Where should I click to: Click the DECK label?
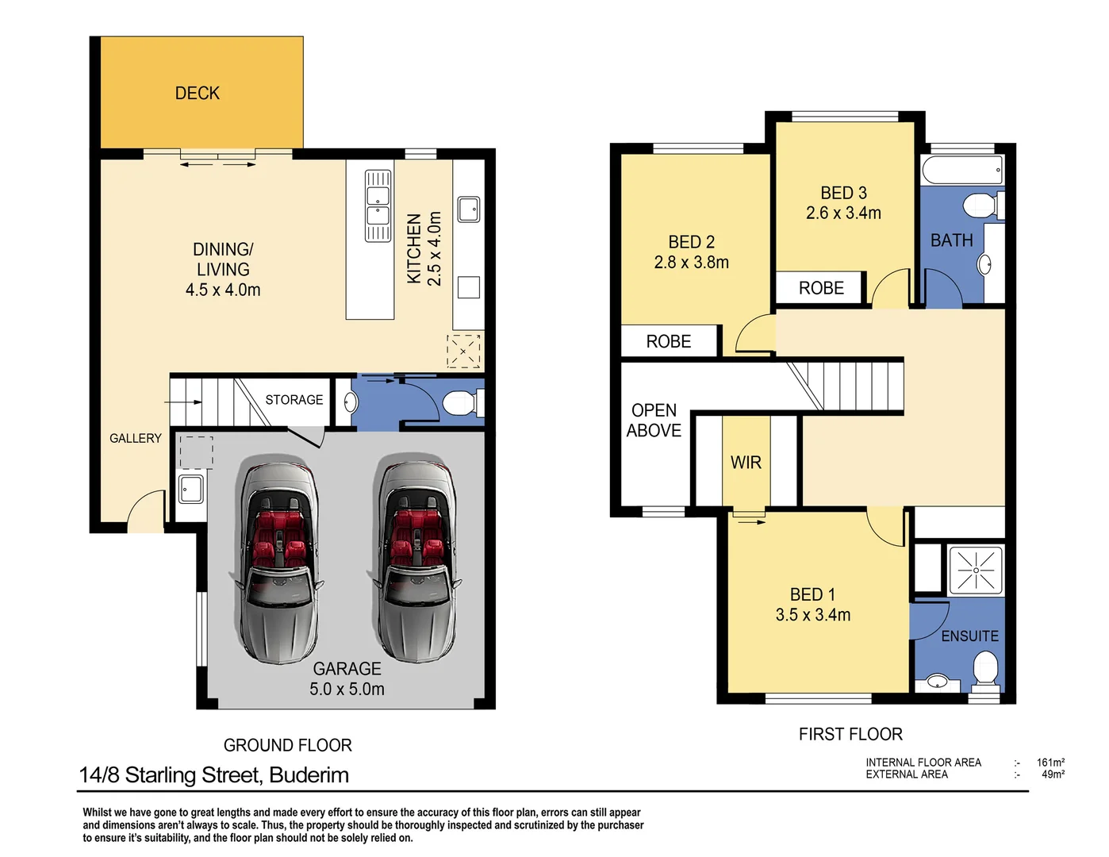[x=197, y=94]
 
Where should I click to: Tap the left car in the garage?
[x=278, y=559]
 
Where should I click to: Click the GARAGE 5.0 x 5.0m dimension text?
[x=347, y=689]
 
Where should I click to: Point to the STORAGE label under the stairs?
[x=294, y=400]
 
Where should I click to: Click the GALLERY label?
[x=135, y=438]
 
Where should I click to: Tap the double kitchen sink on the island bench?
[x=378, y=206]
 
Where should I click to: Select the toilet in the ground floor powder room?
[x=460, y=403]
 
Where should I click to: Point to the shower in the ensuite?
[x=975, y=570]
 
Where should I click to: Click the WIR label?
[x=746, y=463]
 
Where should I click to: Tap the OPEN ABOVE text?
[x=654, y=421]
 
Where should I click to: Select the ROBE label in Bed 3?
[x=821, y=288]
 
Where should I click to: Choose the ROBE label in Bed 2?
[x=668, y=342]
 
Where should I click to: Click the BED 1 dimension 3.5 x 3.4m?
[x=812, y=615]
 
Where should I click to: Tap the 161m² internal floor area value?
[x=1050, y=763]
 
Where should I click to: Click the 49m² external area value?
[x=1053, y=774]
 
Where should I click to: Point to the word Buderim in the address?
[x=309, y=775]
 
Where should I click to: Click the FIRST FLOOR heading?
[x=850, y=735]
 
